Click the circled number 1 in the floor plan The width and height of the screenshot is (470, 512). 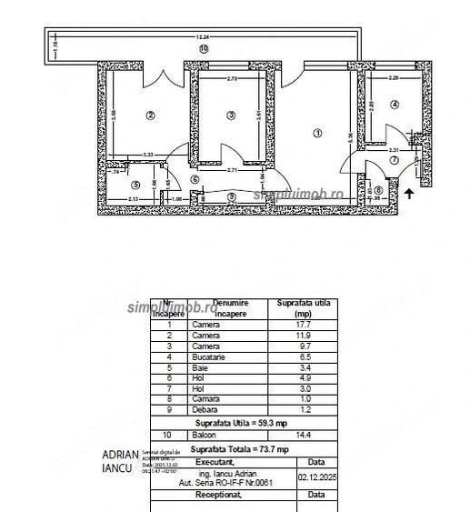coord(317,133)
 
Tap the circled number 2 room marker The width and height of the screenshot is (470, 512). coord(151,114)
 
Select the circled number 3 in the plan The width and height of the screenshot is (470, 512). coord(231,115)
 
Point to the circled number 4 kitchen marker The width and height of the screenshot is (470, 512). coord(395,105)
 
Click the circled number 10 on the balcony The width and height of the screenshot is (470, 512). coord(203,47)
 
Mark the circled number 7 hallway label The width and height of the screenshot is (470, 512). coord(394,160)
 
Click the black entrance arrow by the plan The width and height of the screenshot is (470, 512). coord(410,193)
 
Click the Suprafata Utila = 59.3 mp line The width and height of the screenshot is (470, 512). coord(241,424)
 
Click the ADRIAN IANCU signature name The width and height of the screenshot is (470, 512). coord(120,460)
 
